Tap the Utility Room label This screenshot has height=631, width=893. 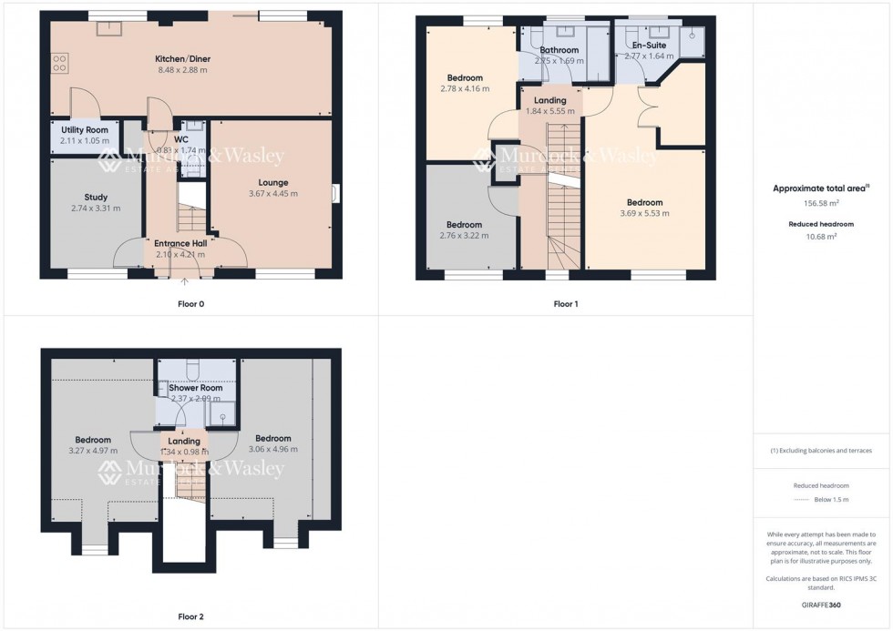tap(84, 130)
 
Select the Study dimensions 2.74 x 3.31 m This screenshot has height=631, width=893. tap(96, 209)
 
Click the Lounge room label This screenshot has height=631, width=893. tap(272, 182)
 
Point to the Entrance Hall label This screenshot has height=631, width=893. tap(180, 243)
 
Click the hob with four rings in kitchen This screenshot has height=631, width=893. tap(60, 63)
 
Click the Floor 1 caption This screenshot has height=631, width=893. tap(565, 304)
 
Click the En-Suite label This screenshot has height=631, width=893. tap(648, 45)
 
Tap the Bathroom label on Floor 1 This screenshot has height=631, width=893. tap(559, 50)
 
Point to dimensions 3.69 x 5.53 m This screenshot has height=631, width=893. tap(644, 214)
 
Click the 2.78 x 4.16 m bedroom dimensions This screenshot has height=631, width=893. tap(464, 89)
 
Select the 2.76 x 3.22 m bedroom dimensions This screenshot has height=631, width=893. tap(464, 236)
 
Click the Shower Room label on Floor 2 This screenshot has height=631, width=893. tap(195, 388)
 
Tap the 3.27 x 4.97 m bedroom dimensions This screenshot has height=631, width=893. tap(93, 450)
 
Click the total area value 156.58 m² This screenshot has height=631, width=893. tap(820, 205)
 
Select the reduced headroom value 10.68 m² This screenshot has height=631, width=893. tap(820, 237)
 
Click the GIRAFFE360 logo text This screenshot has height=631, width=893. tap(823, 604)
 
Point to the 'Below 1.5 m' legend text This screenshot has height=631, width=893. tap(831, 500)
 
